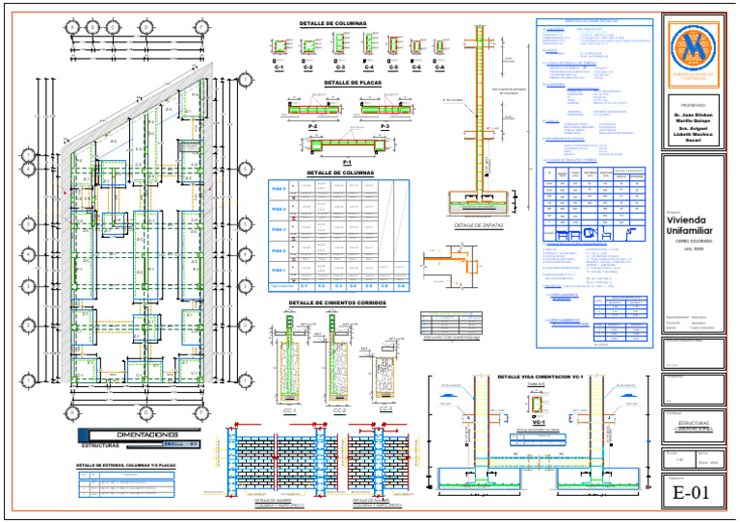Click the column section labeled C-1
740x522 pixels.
click(x=278, y=68)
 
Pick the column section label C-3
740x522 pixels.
click(x=340, y=68)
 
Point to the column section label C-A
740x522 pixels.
click(x=439, y=68)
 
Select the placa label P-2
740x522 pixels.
click(x=313, y=126)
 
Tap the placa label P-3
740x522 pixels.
click(x=384, y=126)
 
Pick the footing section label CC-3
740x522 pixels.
click(x=384, y=409)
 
